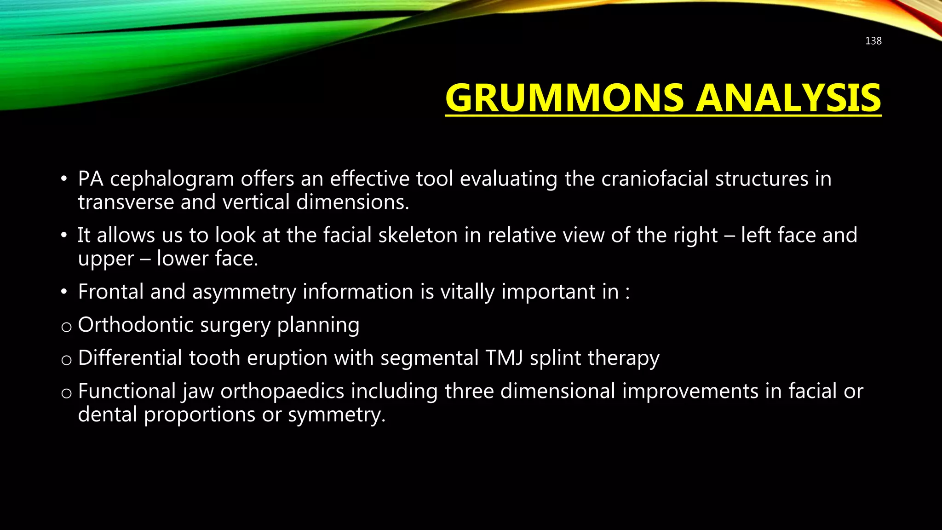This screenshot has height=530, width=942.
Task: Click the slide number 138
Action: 873,41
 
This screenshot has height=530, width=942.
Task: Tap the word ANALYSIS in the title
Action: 788,98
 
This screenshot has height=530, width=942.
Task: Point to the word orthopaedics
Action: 282,391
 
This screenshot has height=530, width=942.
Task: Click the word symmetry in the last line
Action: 336,415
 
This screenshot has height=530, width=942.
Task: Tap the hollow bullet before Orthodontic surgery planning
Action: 66,327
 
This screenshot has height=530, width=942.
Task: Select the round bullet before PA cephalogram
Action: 64,179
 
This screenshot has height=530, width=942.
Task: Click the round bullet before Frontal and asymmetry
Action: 64,292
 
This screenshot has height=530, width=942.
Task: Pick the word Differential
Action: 130,358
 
